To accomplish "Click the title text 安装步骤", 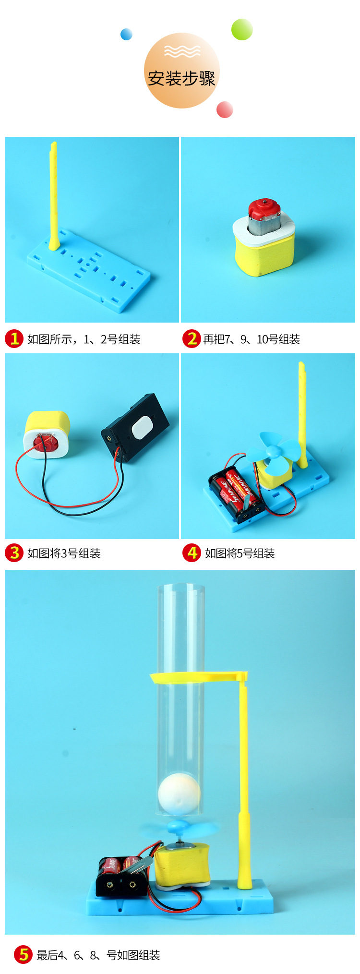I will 181,78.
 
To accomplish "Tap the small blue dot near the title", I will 126,35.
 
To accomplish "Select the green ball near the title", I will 242,29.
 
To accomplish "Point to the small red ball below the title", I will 225,109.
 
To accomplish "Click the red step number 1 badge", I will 14,339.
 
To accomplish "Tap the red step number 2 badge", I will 192,339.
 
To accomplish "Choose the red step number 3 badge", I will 14,553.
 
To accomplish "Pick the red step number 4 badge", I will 192,553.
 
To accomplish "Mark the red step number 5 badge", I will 23,955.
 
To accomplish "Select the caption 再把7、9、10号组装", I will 252,339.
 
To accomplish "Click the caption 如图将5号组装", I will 240,553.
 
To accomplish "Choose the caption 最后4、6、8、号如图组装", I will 98,955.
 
